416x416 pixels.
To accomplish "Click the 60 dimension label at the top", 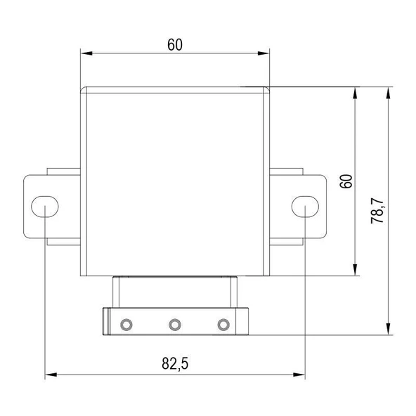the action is pyautogui.click(x=175, y=44).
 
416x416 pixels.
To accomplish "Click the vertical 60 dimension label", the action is pyautogui.click(x=346, y=181).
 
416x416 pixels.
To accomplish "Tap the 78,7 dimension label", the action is pyautogui.click(x=377, y=211).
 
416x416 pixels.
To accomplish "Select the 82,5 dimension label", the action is pyautogui.click(x=175, y=363).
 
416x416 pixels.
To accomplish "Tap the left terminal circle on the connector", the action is pyautogui.click(x=126, y=325).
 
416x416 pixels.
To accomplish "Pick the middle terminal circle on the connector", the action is pyautogui.click(x=175, y=325).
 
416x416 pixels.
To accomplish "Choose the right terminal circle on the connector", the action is pyautogui.click(x=223, y=325).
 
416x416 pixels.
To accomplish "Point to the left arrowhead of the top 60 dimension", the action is pyautogui.click(x=86, y=53).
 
